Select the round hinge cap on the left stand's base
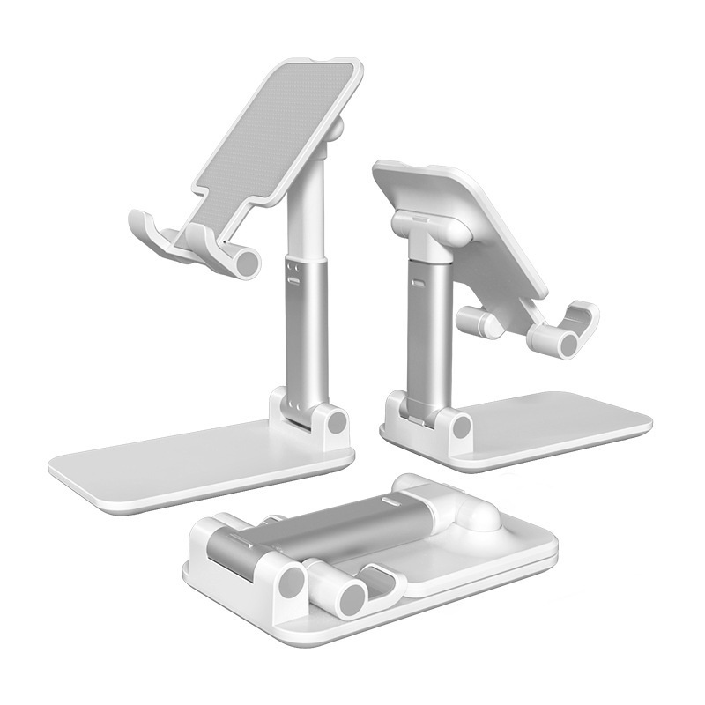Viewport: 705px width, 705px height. pyautogui.click(x=336, y=422)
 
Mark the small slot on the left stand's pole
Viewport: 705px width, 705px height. pyautogui.click(x=293, y=281)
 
